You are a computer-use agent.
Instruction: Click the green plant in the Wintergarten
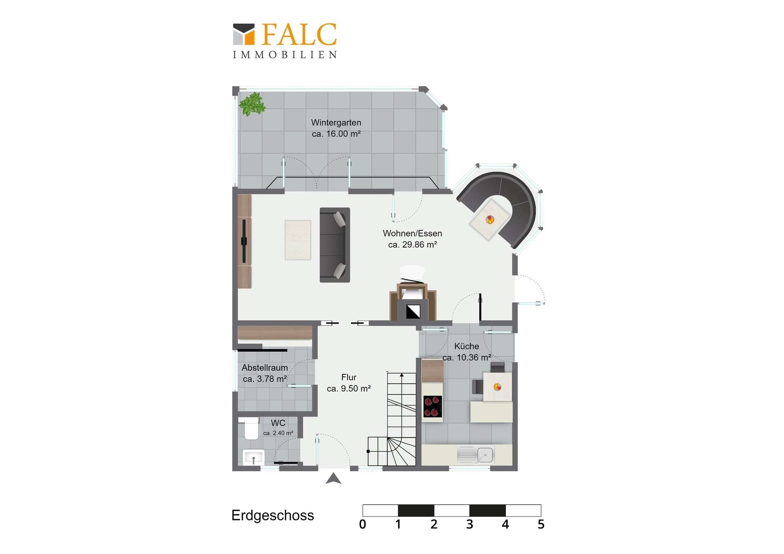[252, 104]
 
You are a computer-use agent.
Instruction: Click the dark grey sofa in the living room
[335, 245]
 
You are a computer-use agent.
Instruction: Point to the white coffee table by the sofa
[298, 240]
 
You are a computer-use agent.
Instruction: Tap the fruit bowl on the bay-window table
[490, 220]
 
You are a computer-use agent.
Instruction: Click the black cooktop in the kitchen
[432, 407]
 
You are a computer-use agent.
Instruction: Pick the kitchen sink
[476, 455]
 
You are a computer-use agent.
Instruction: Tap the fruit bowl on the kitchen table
[497, 387]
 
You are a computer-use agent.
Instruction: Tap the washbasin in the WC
[254, 458]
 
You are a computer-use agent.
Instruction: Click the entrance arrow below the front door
[333, 478]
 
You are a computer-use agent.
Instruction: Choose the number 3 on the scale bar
[470, 524]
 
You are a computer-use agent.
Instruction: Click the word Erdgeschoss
[273, 515]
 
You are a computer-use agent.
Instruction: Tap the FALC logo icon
[244, 34]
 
